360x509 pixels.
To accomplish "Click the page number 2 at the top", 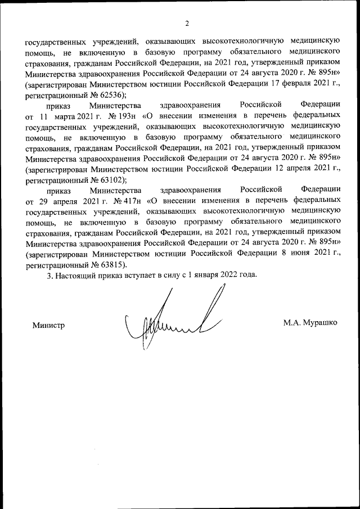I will coord(187,23).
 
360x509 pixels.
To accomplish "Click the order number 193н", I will coord(129,116).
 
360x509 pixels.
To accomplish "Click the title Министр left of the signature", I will coord(49,325).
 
